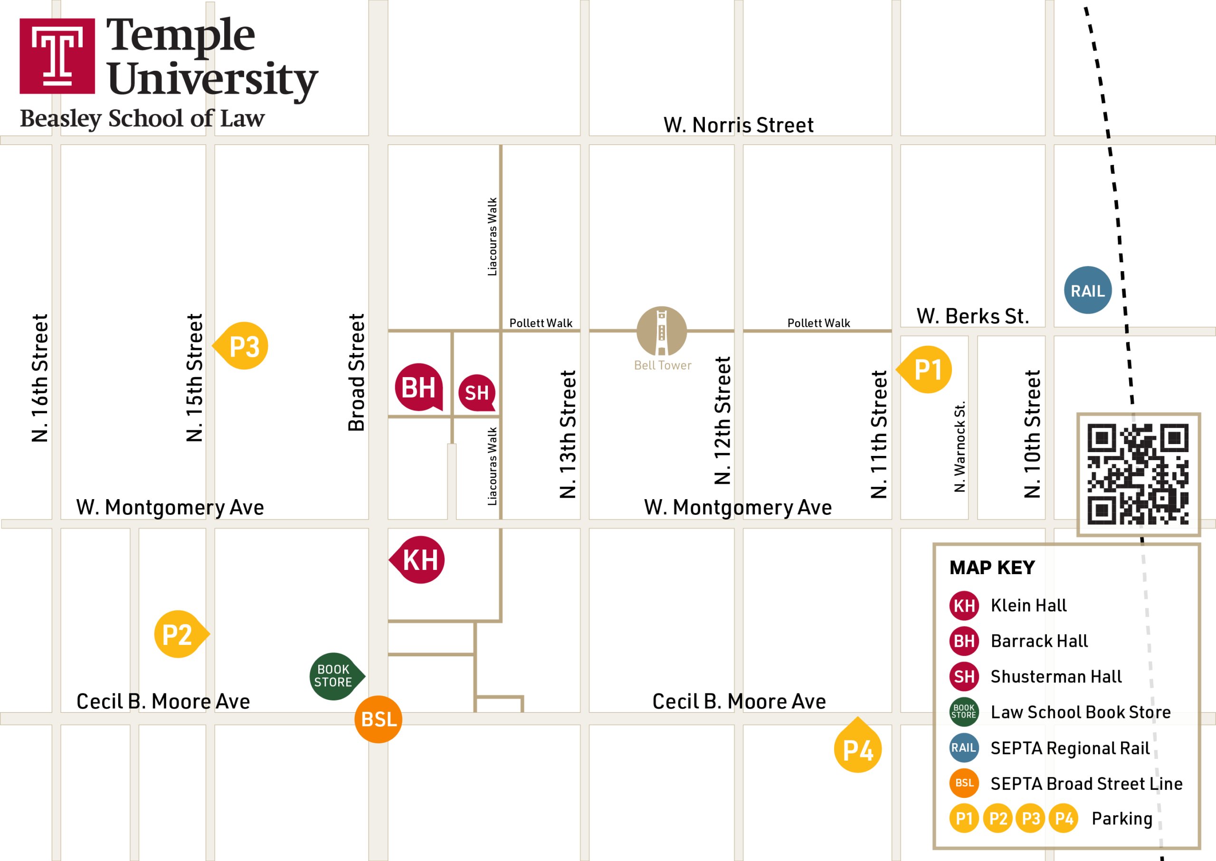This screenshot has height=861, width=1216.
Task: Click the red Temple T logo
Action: tap(57, 56)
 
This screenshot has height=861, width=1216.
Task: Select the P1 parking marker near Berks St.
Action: tap(928, 369)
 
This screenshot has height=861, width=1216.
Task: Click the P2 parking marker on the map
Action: tap(178, 634)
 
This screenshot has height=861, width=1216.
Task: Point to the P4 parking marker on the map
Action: tap(857, 749)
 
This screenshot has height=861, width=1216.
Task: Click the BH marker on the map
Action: tap(418, 387)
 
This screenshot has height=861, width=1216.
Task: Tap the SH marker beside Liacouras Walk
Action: tap(476, 393)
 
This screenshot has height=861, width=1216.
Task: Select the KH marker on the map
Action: tap(420, 560)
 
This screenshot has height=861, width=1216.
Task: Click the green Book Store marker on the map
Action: tap(333, 676)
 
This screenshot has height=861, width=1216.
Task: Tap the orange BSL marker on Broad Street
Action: tap(378, 719)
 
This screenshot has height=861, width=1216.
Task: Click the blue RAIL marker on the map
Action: tap(1088, 290)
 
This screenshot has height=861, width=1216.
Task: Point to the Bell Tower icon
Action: tap(661, 331)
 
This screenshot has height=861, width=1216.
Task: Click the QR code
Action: tap(1138, 474)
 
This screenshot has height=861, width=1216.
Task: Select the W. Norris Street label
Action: tap(738, 125)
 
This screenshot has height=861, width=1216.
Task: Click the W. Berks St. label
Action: tap(973, 316)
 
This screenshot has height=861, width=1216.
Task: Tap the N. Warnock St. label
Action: tap(959, 446)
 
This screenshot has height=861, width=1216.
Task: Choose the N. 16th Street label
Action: tap(40, 378)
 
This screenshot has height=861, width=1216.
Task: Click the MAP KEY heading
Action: tap(992, 568)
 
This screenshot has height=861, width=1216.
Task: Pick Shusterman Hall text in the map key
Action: tap(1056, 676)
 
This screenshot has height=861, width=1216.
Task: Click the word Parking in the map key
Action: tap(1122, 818)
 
